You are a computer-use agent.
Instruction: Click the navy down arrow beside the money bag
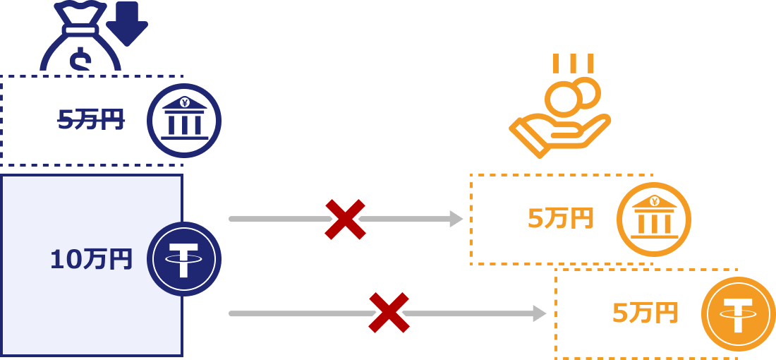point(127,21)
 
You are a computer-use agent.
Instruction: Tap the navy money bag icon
point(79,42)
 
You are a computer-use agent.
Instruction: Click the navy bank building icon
point(184,121)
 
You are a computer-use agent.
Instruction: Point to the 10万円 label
point(91,260)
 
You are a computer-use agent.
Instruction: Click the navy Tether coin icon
point(184,259)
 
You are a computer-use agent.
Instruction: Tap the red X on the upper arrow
point(345,219)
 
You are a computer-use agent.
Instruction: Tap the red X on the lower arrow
point(389,312)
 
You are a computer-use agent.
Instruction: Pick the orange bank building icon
point(654,220)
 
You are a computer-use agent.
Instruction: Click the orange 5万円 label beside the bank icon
point(561,219)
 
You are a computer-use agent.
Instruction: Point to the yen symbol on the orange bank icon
point(655,201)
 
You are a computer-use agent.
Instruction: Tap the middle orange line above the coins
point(573,63)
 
